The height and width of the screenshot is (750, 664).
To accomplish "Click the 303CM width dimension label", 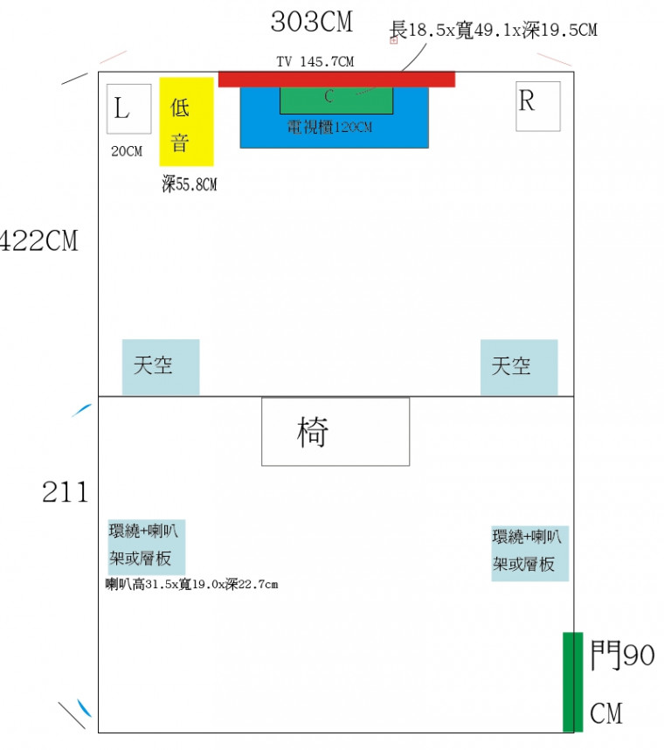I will click(x=311, y=22).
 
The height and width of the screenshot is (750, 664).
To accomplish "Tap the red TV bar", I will click(x=336, y=80).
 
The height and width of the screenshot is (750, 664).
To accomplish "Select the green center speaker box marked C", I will click(x=336, y=101).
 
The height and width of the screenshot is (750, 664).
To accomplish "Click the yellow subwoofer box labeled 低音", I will click(x=186, y=122).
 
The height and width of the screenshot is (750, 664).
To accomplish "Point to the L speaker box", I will click(x=122, y=109).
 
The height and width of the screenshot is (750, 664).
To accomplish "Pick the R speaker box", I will click(x=537, y=107).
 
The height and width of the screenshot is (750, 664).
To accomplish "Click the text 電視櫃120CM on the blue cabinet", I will click(x=330, y=128).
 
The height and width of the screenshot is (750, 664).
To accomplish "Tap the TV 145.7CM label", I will click(x=315, y=61).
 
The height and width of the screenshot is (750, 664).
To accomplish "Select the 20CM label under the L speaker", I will click(x=126, y=151).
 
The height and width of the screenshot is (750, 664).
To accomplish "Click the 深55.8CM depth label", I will click(x=189, y=184).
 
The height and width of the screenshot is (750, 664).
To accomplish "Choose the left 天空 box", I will click(x=161, y=366).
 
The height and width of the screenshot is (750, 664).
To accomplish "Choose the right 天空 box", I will click(x=519, y=366).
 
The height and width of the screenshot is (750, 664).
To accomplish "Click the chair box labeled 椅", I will click(x=335, y=432).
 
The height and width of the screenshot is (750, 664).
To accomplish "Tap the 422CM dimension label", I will click(x=38, y=240).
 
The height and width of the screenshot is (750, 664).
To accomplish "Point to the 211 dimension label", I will click(x=66, y=493).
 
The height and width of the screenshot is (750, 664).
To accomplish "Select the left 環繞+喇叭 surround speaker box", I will click(x=147, y=546).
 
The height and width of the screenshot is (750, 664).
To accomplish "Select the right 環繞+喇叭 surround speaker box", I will click(x=529, y=552).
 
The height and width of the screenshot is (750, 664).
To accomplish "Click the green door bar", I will click(x=572, y=682).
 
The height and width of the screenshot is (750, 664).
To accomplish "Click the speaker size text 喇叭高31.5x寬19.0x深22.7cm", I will click(x=192, y=584).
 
